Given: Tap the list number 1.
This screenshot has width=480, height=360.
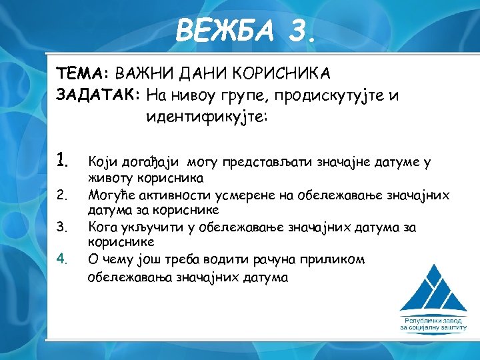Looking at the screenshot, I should click(x=63, y=160).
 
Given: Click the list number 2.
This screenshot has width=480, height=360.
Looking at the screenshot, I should click(x=61, y=195).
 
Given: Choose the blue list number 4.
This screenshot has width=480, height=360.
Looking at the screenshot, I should click(x=61, y=258).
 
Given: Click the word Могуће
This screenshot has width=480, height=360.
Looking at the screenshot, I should click(x=109, y=195).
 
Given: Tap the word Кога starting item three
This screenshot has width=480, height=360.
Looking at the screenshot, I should click(x=103, y=227).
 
